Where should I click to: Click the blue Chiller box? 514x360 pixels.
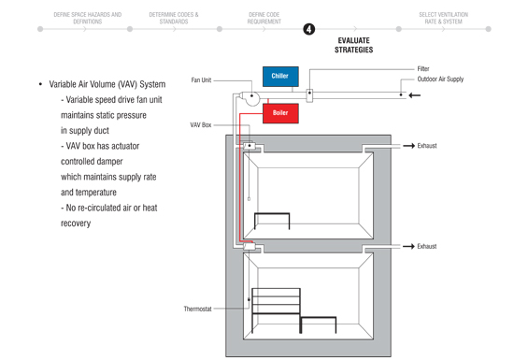[x=280, y=76]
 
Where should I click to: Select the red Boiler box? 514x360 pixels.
[x=280, y=113]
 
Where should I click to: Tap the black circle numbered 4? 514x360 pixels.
[x=308, y=29]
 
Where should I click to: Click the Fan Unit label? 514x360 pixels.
[x=201, y=80]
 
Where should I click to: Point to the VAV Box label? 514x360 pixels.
[x=201, y=125]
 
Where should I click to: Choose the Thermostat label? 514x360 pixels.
[x=197, y=309]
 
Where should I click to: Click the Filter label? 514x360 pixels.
[x=423, y=69]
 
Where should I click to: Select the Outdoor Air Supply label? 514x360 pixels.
[x=440, y=79]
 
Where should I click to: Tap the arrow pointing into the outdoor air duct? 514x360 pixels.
[x=414, y=95]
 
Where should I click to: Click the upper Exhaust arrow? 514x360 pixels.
[x=408, y=146]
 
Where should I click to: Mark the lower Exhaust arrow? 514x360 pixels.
[x=408, y=246]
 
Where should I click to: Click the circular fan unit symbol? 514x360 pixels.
[x=250, y=97]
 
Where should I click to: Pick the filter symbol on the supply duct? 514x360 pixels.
[x=309, y=95]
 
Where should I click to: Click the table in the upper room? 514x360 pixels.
[x=272, y=221]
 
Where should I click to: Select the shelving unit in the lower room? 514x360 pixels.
[x=276, y=310]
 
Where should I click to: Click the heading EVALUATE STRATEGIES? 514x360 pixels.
[x=353, y=45]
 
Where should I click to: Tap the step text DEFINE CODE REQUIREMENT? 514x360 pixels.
[x=264, y=18]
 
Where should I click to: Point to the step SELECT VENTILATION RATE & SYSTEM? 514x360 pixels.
[x=444, y=18]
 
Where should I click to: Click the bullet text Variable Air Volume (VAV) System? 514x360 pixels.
[x=107, y=84]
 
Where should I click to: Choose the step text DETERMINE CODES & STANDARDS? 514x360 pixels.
[x=174, y=18]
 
